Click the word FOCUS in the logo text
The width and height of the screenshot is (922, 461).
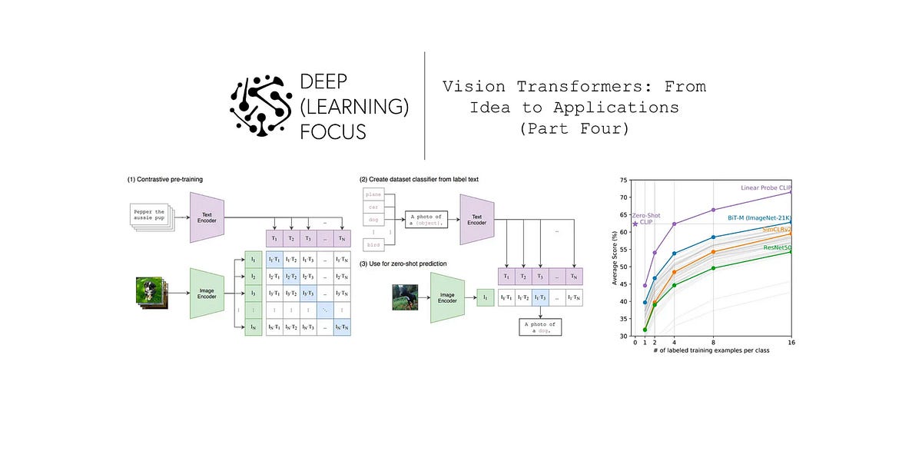tap(334, 131)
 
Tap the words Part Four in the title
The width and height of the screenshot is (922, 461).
tap(574, 129)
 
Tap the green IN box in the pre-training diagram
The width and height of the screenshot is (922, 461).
tap(253, 327)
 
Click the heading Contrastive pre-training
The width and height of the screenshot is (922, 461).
tap(166, 179)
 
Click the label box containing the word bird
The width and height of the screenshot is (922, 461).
tap(373, 244)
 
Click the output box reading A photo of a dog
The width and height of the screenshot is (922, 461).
tap(540, 327)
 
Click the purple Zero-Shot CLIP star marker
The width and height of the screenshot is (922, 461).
tap(635, 224)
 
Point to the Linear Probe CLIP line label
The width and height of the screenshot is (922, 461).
tap(765, 187)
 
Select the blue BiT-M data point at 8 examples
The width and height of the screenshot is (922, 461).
tap(713, 237)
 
